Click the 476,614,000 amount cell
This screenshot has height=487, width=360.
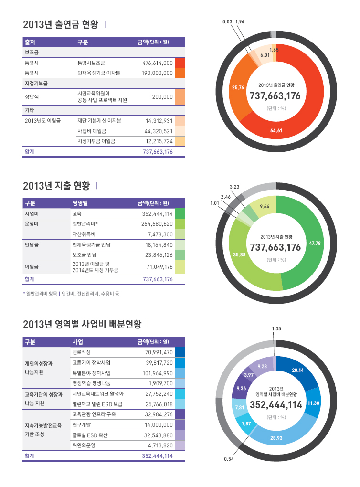[x=158, y=63]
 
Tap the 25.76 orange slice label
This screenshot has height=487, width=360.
[x=238, y=87]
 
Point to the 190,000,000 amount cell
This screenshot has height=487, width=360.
[x=158, y=73]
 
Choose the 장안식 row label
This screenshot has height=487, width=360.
[x=32, y=97]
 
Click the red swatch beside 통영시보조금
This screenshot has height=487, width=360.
[x=180, y=63]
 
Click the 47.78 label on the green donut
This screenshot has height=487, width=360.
[x=315, y=243]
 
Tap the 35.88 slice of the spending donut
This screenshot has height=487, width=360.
[x=239, y=254]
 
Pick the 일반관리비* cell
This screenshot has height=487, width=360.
[x=85, y=223]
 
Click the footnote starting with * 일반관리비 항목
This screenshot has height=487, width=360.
[x=71, y=294]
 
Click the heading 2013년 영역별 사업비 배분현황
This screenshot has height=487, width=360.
[x=82, y=325]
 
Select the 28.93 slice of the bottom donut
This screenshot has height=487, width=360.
[x=276, y=437]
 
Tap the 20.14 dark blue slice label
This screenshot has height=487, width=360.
[x=298, y=370]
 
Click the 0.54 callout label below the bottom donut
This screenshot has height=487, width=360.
[x=229, y=459]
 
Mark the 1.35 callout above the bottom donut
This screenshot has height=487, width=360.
[x=276, y=329]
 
